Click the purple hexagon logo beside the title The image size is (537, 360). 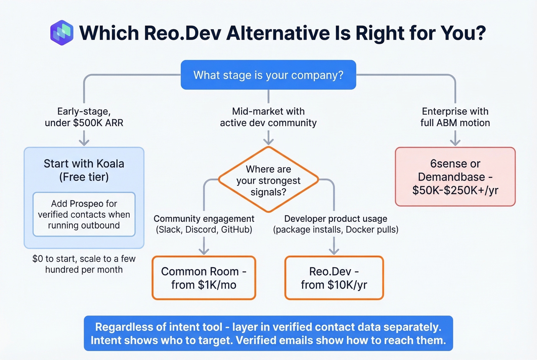tap(62, 33)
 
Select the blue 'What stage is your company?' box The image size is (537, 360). tap(268, 75)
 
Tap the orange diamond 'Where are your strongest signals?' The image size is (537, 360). tap(268, 180)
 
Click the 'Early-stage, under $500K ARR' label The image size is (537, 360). tap(84, 117)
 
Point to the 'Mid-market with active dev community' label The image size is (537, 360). tap(268, 117)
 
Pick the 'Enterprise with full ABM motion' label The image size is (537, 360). tap(455, 117)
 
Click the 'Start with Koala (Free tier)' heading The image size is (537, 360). tap(84, 170)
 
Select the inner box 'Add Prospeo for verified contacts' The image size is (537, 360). tap(84, 214)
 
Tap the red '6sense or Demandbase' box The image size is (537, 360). tap(455, 177)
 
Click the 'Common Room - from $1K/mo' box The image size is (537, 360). tap(204, 278)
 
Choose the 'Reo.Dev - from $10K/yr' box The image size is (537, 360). tap(334, 278)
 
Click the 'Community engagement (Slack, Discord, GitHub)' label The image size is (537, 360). tap(204, 224)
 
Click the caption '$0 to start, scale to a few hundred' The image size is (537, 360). tap(84, 264)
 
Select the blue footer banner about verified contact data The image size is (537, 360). tap(268, 333)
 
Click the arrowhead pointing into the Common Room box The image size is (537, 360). tap(204, 251)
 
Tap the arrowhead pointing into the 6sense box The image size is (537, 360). tap(455, 142)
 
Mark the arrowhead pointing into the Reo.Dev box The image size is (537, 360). tap(334, 251)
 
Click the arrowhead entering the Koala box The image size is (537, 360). tap(84, 142)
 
